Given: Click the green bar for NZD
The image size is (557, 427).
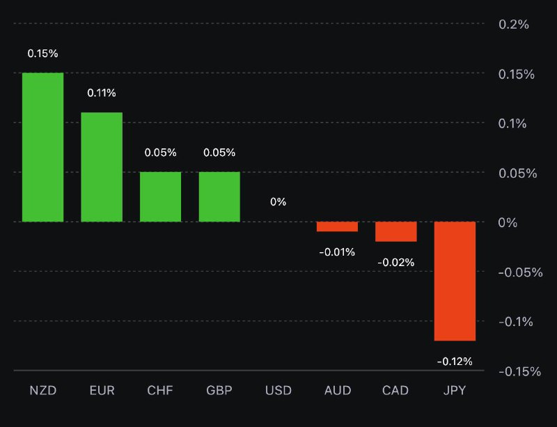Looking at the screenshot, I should tap(42, 147).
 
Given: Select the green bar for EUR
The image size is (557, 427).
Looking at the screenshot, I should tap(102, 167).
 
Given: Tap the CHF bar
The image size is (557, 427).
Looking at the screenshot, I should tap(160, 196).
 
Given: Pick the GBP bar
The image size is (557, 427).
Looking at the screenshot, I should tap(219, 196).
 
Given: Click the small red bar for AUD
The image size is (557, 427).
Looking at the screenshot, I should tap(337, 226).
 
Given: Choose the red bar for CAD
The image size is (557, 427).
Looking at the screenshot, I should tap(396, 231).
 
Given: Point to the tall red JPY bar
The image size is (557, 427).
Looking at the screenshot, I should tap(455, 281).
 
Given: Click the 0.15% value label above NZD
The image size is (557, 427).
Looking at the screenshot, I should tap(42, 53).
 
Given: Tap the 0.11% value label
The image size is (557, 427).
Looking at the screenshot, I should tap(102, 93).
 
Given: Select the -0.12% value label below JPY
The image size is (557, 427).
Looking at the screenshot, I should tap(455, 361).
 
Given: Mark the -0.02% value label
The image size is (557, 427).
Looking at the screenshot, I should tap(396, 262).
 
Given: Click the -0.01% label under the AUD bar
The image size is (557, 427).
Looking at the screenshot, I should tap(337, 251).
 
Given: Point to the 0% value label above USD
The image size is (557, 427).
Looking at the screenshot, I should tap(278, 202).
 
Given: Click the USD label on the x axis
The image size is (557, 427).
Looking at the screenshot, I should tap(278, 390).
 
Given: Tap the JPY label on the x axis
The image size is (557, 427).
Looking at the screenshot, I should tap(455, 390).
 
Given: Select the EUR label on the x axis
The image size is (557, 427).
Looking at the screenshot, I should tap(102, 390).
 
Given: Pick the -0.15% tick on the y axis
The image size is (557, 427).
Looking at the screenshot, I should tap(519, 371).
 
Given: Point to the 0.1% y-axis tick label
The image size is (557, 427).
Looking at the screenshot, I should tap(514, 123).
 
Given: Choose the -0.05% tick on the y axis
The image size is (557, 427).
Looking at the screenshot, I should tap(519, 272).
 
